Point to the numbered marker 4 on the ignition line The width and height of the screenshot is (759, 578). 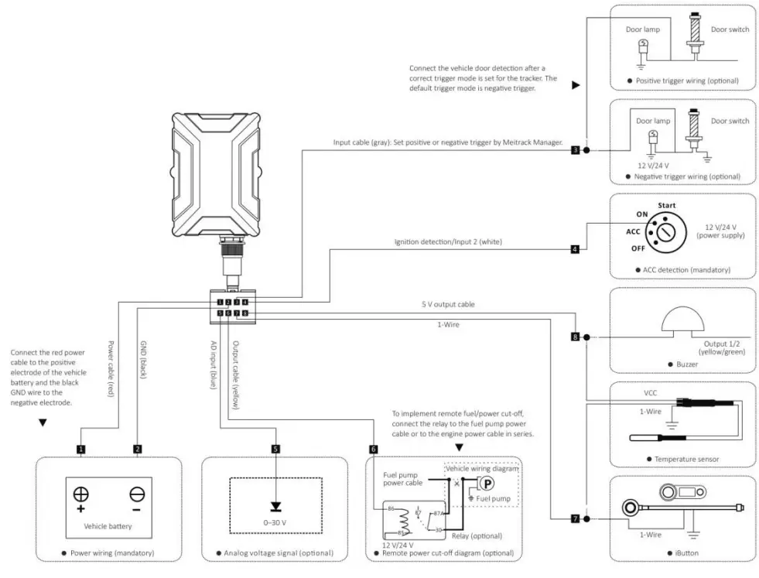point(574,249)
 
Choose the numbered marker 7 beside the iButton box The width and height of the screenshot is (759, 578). point(574,518)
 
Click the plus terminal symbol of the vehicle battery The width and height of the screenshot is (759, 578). point(80,497)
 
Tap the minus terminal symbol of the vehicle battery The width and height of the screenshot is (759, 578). point(135,497)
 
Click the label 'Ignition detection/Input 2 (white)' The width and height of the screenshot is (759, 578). point(448,242)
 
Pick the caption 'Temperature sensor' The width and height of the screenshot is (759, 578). point(686,459)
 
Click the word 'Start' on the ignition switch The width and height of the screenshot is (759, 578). point(666,206)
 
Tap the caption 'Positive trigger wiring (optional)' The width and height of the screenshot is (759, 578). point(686,80)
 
